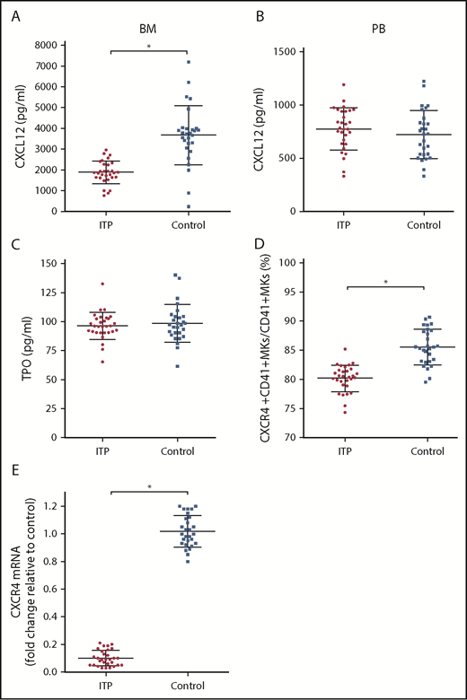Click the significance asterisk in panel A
coord(148,45)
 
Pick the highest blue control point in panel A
coord(188,62)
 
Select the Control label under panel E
coord(187,687)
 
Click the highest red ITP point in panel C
coord(113,284)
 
